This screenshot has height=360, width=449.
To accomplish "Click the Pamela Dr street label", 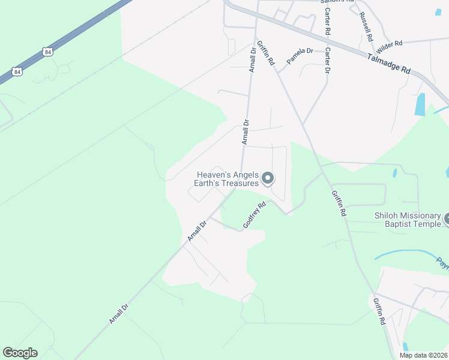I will coord(300,55).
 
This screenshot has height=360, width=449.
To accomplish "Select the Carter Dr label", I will coord(327,61).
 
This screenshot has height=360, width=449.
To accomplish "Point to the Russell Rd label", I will coord(366,27).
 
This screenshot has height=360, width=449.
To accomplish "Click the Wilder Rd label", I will coord(389,44).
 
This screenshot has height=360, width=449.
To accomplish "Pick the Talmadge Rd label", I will coord(388,62).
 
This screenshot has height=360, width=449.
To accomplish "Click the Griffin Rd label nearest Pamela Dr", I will coord(265,53).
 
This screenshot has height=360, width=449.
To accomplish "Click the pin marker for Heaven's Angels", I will coord(268,178).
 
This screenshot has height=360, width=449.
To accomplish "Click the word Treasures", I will coord(239,184).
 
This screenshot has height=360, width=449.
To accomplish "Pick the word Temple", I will coord(427,224).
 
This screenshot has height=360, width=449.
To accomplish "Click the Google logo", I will coord(20,352).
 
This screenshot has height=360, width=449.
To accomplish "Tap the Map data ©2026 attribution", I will coord(423,355).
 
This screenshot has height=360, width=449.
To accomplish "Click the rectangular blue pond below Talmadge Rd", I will coord(420,104).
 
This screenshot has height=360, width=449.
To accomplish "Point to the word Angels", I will coord(244,175).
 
